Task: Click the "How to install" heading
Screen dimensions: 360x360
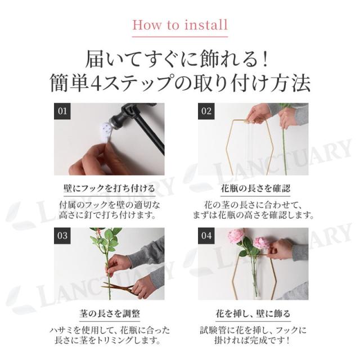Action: [180, 25]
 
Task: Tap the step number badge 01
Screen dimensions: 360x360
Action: [62, 111]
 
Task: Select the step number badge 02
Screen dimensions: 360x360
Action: [206, 111]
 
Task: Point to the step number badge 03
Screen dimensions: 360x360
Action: [62, 236]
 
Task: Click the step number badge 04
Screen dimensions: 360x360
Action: [206, 236]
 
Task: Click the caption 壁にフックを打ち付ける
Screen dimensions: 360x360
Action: [109, 189]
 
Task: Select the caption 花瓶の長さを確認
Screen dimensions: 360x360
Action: [255, 189]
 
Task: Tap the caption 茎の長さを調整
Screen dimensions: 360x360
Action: [109, 313]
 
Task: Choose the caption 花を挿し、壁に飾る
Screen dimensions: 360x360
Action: [253, 313]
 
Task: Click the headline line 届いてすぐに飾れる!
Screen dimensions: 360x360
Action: [177, 60]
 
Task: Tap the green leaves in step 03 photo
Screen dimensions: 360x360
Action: [106, 238]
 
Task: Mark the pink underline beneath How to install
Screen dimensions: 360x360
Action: [180, 37]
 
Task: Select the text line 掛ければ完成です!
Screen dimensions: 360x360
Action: [252, 340]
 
